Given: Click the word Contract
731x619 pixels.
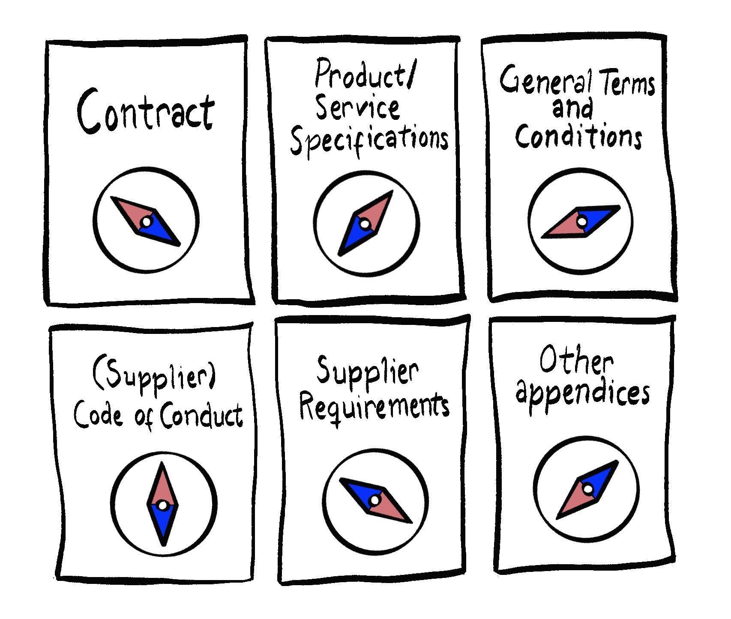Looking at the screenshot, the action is tap(146, 110).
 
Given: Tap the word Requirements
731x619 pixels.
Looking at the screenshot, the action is tap(374, 406).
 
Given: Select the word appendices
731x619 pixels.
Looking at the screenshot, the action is tap(583, 394).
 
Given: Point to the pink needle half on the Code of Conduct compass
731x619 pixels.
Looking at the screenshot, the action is tap(162, 484).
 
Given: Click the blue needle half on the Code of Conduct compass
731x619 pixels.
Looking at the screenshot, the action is tap(162, 524).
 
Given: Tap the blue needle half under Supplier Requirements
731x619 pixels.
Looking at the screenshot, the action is tap(361, 492).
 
